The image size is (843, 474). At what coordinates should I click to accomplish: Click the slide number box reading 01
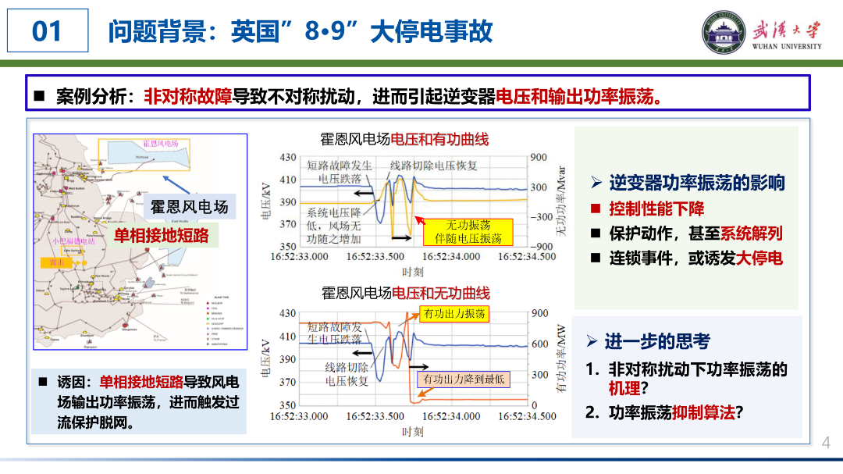[48, 31]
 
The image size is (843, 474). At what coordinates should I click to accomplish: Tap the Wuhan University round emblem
[724, 33]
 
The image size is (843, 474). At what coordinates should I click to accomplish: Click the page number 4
[827, 444]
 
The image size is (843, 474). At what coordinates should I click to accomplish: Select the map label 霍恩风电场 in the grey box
[190, 207]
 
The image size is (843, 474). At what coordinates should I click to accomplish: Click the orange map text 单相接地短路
[162, 235]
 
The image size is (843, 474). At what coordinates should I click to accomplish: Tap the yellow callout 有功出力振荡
[454, 314]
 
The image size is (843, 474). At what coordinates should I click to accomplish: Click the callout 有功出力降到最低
[464, 380]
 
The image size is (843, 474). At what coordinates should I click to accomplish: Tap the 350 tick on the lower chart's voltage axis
[287, 405]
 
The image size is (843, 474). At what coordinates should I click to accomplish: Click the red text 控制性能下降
[657, 208]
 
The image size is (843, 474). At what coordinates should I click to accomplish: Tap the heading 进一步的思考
[657, 341]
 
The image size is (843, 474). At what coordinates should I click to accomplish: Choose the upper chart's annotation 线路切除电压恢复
[434, 165]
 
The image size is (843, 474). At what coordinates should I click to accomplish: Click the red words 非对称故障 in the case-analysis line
[188, 97]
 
